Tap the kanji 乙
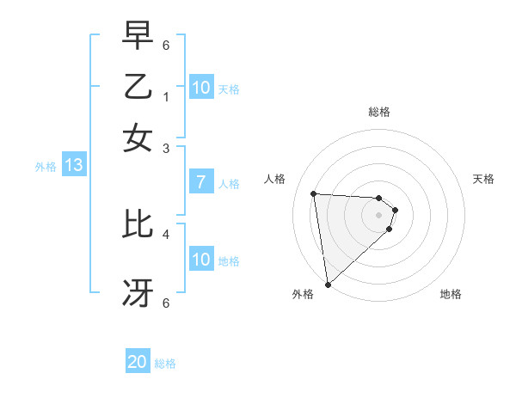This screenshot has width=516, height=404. [138, 87]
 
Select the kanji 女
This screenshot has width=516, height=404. [138, 138]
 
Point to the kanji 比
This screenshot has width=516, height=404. [138, 224]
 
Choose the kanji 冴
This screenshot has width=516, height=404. [138, 293]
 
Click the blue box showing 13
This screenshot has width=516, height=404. [73, 166]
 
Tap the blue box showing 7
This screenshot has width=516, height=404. [200, 182]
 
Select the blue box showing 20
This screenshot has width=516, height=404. [138, 363]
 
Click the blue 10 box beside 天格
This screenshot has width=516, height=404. [201, 88]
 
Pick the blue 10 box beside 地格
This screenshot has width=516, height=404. [201, 260]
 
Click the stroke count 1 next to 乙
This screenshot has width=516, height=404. [166, 97]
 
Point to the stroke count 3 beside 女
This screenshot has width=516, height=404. [166, 149]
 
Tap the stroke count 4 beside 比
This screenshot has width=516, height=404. [166, 233]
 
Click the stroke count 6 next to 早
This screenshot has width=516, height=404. [166, 45]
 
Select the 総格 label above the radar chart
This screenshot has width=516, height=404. [379, 112]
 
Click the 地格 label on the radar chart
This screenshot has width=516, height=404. [451, 294]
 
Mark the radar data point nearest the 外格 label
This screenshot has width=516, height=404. [328, 284]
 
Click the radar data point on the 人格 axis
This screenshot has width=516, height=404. [314, 193]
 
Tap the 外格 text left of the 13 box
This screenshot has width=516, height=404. [46, 167]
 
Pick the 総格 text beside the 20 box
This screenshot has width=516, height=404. [165, 364]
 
